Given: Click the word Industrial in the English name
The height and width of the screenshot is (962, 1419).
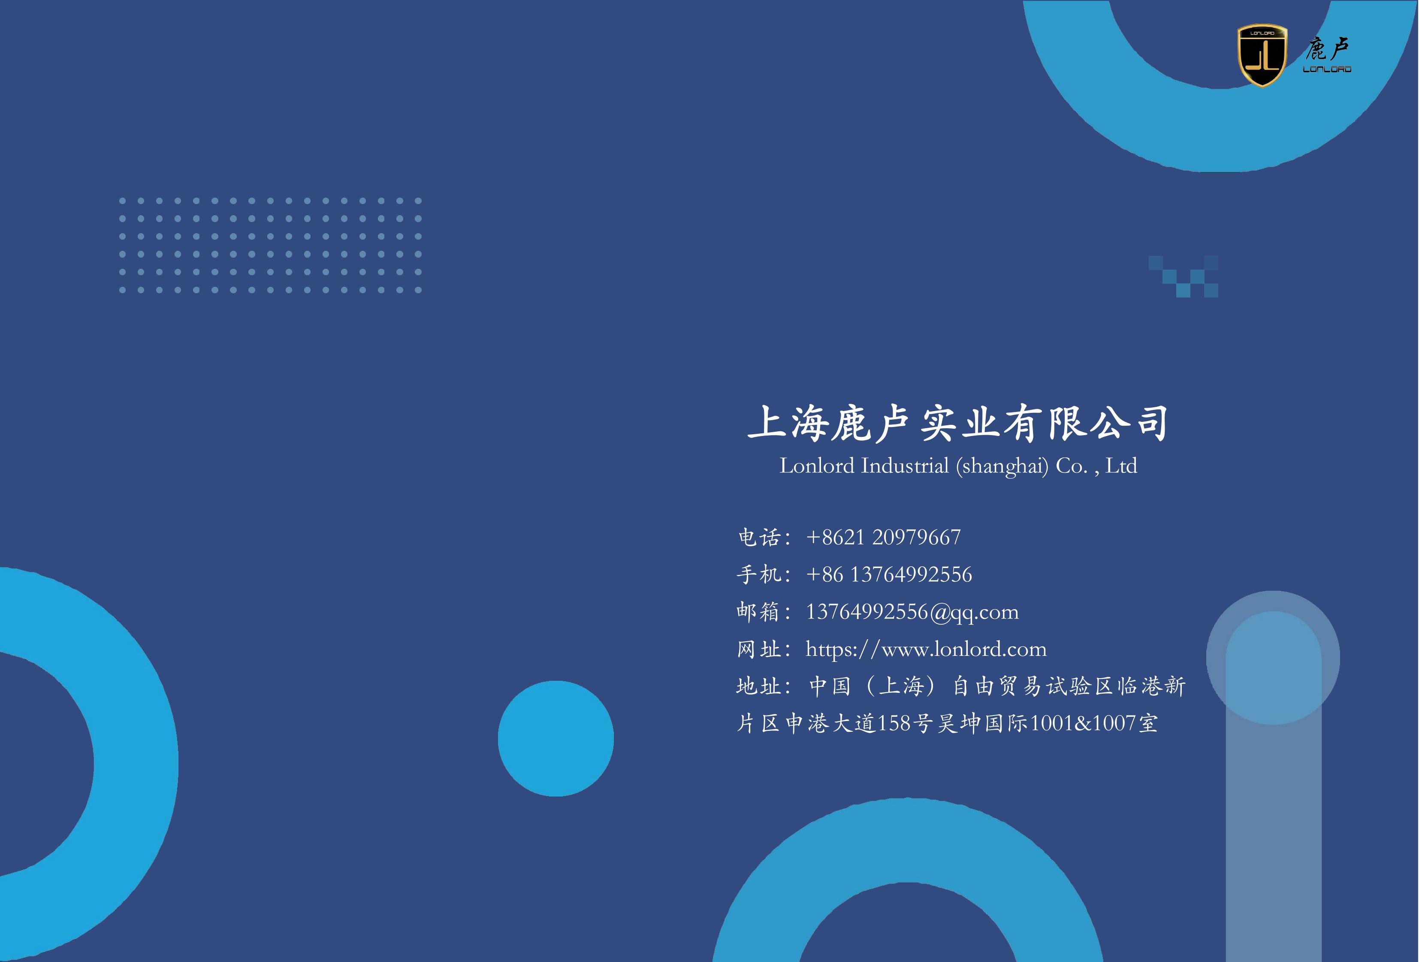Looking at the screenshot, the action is (905, 466).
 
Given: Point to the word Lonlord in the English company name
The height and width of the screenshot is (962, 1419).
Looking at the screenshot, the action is (817, 466).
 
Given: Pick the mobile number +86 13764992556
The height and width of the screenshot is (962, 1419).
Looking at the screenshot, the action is (889, 574).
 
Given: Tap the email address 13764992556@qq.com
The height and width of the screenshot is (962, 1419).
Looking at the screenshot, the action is (912, 612).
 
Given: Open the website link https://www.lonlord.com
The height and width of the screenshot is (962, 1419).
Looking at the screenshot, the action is (926, 649).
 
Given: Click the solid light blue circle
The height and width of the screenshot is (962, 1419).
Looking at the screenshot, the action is (556, 739).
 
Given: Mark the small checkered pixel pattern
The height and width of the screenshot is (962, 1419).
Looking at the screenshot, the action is (1184, 277).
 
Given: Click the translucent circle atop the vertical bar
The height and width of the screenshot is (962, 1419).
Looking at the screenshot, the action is (1273, 657).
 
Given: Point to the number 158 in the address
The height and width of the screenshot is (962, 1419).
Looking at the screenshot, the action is (894, 723).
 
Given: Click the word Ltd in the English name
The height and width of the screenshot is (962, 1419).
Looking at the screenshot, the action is (1122, 466).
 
